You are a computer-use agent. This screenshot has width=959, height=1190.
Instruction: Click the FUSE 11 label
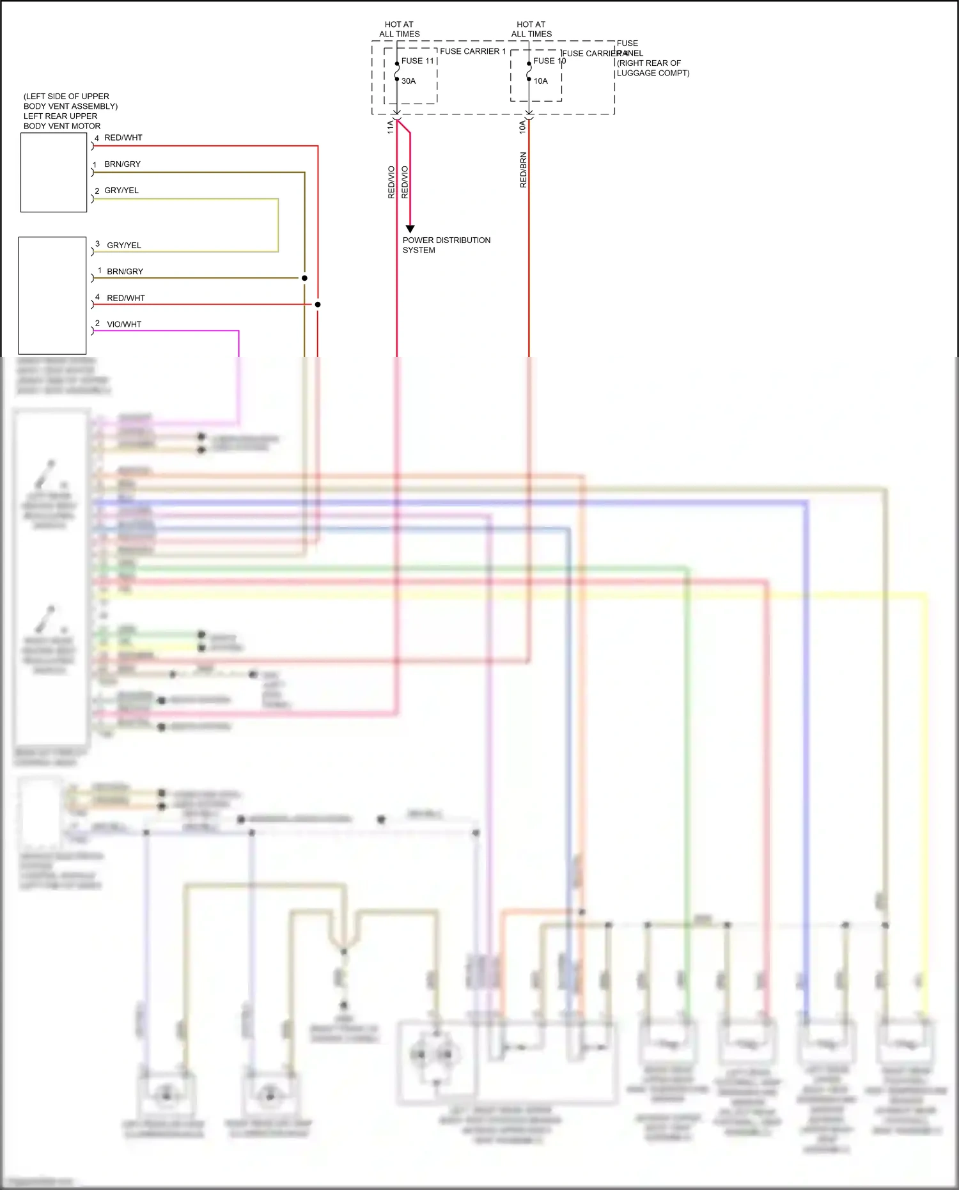[417, 61]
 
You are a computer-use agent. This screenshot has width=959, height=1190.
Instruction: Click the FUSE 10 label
[549, 61]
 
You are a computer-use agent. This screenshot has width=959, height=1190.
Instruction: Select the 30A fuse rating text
[409, 81]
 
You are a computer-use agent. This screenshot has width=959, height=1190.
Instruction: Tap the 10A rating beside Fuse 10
[541, 81]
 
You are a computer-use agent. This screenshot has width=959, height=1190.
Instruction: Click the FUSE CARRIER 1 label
[472, 51]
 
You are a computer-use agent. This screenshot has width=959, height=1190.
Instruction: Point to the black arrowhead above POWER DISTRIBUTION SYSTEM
[410, 228]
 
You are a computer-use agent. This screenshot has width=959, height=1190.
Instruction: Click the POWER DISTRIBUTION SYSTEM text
[446, 245]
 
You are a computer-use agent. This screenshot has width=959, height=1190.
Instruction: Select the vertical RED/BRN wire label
[524, 169]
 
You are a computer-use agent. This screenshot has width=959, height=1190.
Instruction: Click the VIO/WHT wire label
[124, 324]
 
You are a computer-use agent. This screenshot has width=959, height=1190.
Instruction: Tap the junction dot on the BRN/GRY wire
[304, 278]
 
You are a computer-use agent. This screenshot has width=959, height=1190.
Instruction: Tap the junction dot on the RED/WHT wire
[318, 304]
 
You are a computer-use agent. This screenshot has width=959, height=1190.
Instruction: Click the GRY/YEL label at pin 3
[124, 245]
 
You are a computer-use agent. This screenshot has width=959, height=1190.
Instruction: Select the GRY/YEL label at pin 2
[121, 191]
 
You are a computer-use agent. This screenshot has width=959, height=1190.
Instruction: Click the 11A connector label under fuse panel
[391, 127]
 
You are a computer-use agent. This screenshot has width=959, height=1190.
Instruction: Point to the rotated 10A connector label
[522, 127]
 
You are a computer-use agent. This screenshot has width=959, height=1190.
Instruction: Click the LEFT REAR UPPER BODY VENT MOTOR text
[61, 121]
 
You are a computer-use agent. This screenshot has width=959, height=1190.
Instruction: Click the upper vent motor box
[54, 172]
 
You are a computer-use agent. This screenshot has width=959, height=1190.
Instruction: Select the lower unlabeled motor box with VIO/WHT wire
[52, 295]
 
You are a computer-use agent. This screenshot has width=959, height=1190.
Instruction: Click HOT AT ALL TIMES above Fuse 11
[400, 29]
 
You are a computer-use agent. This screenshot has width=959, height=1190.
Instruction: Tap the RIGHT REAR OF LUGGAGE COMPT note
[652, 68]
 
